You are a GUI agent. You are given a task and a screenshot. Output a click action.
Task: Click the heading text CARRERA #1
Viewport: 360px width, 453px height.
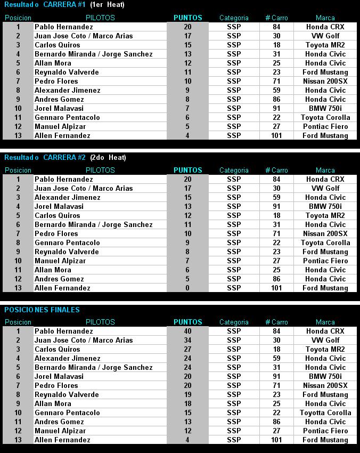click(x=64, y=5)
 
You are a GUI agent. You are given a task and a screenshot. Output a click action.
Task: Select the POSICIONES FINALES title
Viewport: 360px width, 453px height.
click(x=42, y=310)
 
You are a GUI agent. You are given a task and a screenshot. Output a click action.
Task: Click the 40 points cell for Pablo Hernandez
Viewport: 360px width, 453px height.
click(x=187, y=331)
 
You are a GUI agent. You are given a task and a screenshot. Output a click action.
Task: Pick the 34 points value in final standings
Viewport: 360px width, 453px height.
click(x=187, y=340)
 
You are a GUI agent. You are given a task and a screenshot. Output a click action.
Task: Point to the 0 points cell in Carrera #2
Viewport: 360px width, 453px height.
click(x=187, y=288)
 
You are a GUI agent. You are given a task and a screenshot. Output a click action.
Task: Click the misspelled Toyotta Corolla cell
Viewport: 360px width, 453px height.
click(x=325, y=412)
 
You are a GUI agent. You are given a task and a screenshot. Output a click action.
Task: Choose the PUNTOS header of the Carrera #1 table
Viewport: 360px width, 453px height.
click(x=187, y=18)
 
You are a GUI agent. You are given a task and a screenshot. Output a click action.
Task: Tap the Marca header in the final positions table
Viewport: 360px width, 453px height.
click(x=325, y=322)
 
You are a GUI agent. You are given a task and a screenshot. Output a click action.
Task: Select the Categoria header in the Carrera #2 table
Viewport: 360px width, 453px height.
click(x=234, y=170)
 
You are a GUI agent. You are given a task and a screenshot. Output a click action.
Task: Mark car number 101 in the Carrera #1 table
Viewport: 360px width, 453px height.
click(x=276, y=135)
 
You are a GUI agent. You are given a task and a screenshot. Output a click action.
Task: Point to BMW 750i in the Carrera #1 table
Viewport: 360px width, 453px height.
click(x=325, y=108)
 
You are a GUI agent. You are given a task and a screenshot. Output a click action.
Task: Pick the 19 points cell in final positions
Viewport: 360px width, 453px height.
click(x=187, y=394)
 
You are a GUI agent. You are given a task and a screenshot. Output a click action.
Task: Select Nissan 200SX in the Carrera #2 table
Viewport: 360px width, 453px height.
click(x=325, y=233)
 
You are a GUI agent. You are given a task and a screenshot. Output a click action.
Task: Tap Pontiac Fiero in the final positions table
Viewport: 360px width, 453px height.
click(x=325, y=431)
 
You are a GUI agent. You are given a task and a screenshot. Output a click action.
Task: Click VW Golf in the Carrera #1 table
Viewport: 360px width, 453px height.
click(x=325, y=36)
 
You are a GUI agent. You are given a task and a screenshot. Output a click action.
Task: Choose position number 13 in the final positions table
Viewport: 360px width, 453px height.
click(x=18, y=440)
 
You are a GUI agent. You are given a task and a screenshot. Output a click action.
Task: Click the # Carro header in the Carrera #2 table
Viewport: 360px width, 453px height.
click(x=276, y=170)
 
